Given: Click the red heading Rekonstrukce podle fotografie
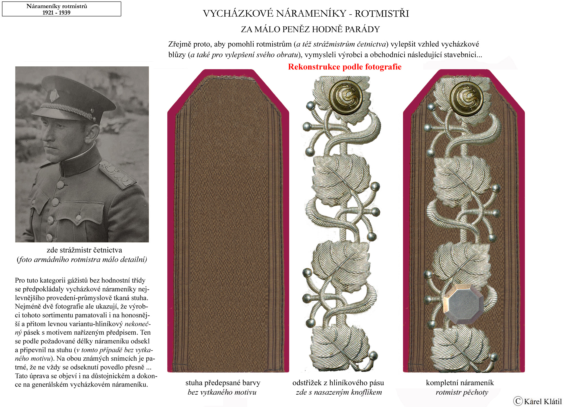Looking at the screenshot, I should (344, 67).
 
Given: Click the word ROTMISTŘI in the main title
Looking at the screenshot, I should (381, 14).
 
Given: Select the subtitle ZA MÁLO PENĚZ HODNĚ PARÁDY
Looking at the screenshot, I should (310, 29).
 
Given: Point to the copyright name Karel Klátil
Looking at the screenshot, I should (542, 402).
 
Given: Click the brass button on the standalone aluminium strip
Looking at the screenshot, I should (346, 97).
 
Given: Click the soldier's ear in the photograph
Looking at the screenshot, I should (92, 133).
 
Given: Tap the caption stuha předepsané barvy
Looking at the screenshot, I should (223, 383).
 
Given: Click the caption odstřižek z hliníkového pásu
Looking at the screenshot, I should (338, 383).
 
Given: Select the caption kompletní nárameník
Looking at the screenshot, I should (460, 383).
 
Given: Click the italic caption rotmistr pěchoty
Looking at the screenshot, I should (462, 392).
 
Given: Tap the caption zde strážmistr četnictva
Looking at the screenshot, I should (84, 250).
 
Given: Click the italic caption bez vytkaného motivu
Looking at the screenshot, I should (222, 392).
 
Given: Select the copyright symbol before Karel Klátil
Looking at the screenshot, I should (518, 401).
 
